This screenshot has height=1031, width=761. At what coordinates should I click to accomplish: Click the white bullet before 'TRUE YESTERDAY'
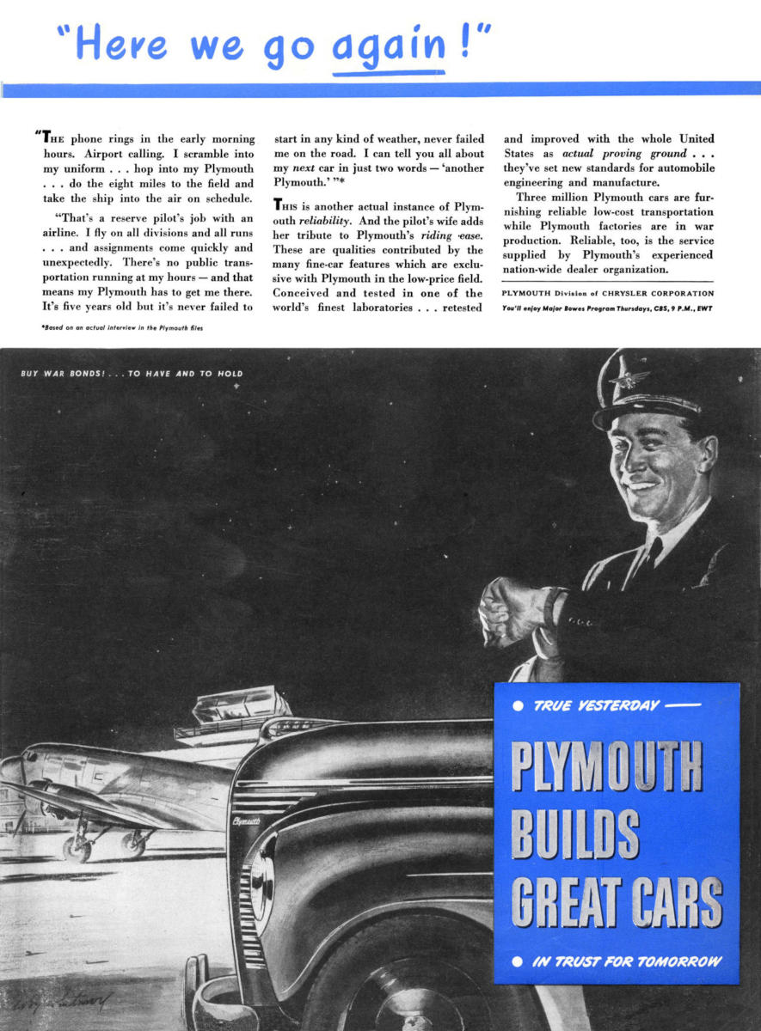(518, 707)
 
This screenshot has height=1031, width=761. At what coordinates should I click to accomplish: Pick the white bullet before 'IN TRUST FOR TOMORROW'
(518, 961)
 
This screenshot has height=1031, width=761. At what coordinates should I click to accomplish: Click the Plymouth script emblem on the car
(246, 821)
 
